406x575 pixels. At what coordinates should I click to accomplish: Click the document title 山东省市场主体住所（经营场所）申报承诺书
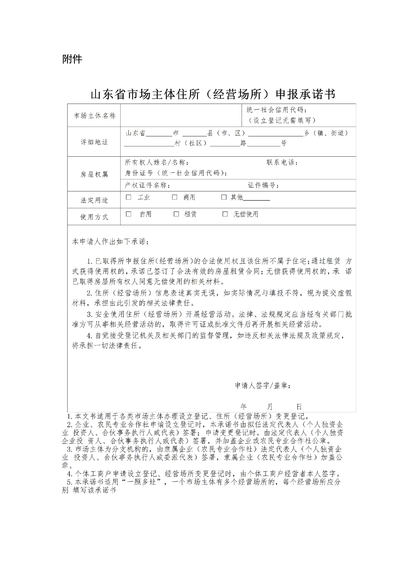click(213, 95)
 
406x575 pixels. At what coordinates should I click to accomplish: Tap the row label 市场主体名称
click(95, 116)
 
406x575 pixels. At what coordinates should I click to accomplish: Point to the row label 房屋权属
click(94, 174)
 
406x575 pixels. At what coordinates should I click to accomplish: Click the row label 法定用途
click(94, 200)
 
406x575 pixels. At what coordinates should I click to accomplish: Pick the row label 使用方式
click(94, 217)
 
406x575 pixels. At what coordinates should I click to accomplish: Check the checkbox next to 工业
click(129, 197)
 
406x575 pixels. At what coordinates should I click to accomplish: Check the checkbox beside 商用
click(174, 197)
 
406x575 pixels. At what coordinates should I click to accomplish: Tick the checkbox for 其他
click(224, 197)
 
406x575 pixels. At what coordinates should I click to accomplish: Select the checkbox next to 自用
click(129, 214)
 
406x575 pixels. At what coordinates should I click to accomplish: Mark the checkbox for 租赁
click(176, 214)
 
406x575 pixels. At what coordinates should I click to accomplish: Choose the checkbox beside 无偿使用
click(225, 214)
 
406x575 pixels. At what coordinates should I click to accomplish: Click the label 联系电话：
click(282, 162)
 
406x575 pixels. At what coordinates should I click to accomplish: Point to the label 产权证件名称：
click(148, 185)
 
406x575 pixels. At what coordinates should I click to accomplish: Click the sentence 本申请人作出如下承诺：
click(111, 242)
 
